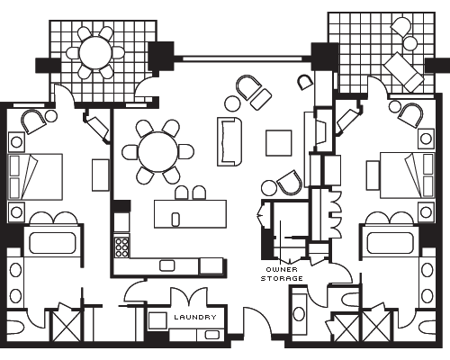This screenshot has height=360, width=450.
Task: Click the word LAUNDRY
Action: [x=195, y=317]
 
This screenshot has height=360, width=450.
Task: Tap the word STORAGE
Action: [x=282, y=279]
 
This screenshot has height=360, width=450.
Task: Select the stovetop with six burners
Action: [x=121, y=247]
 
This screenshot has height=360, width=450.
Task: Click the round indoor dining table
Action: [x=158, y=152]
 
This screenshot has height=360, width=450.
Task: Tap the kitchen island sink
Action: [x=175, y=219]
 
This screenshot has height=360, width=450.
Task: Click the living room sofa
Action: [x=229, y=141]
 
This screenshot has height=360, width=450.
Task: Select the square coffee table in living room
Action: [x=279, y=143]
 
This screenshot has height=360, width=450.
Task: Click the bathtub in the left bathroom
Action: [x=52, y=243]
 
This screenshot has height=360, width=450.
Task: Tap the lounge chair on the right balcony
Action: [x=404, y=72]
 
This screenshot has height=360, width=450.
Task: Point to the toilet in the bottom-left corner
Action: [x=15, y=327]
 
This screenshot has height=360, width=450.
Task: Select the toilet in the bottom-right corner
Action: [x=427, y=327]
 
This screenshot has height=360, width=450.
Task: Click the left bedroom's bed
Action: [x=35, y=176]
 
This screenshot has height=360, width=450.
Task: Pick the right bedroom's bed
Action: [x=407, y=175]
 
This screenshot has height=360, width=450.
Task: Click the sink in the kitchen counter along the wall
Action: [x=167, y=265]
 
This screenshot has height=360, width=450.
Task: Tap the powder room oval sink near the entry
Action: [x=299, y=314]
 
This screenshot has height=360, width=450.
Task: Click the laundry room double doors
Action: [x=189, y=296]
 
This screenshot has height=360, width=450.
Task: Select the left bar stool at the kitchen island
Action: [x=181, y=193]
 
